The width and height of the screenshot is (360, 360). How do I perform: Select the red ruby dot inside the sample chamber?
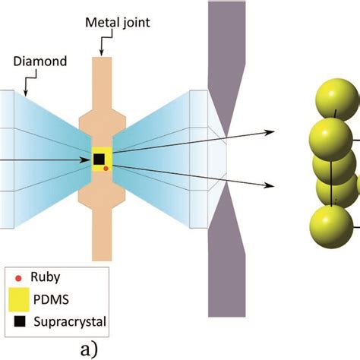point(106,168)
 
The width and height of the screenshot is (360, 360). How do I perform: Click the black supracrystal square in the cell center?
point(99,159)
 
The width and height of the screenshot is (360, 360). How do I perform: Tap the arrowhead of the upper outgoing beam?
point(269,132)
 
